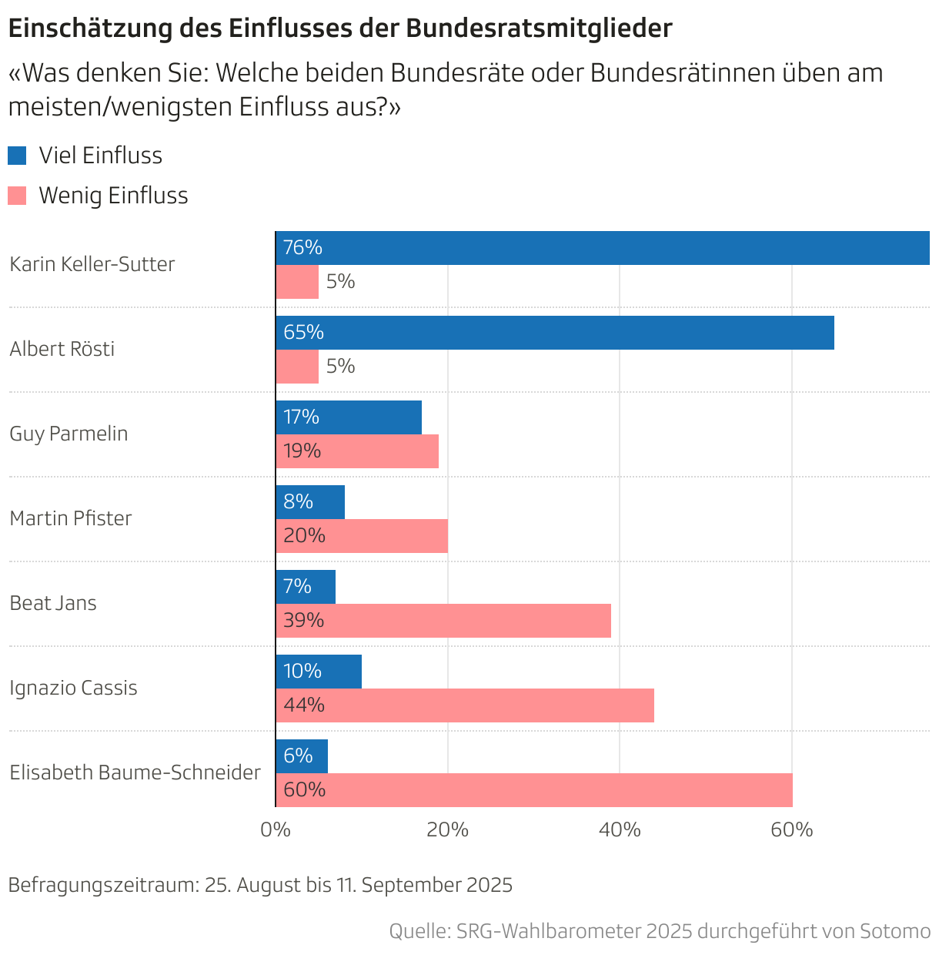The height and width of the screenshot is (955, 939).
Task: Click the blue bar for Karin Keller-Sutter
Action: (x=602, y=248)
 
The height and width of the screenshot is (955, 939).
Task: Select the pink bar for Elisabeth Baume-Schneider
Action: (x=534, y=790)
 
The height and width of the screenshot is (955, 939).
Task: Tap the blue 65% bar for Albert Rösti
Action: (x=554, y=333)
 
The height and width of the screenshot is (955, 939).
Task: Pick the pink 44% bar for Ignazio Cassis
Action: (x=465, y=705)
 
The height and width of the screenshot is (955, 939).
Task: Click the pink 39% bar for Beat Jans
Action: (x=443, y=621)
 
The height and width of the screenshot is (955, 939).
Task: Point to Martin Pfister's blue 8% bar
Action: (x=310, y=502)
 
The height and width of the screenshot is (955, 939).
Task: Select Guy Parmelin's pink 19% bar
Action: (x=357, y=451)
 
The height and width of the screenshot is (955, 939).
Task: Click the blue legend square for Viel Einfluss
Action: (x=17, y=156)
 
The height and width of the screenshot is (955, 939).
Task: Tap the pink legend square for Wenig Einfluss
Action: (x=17, y=196)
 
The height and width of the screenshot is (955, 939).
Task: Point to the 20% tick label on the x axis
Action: (x=448, y=830)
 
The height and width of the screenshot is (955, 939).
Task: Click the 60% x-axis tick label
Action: (x=792, y=830)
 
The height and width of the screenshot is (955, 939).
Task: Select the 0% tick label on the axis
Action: (x=276, y=830)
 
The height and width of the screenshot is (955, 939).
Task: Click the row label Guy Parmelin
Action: (x=69, y=434)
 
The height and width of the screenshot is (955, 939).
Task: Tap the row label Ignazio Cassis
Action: (x=73, y=688)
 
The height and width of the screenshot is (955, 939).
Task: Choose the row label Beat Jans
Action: (x=53, y=603)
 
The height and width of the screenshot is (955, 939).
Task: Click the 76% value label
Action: (x=302, y=248)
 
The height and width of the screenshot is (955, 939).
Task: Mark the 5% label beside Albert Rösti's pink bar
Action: (x=340, y=367)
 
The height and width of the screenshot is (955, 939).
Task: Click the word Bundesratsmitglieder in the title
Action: (x=538, y=28)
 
